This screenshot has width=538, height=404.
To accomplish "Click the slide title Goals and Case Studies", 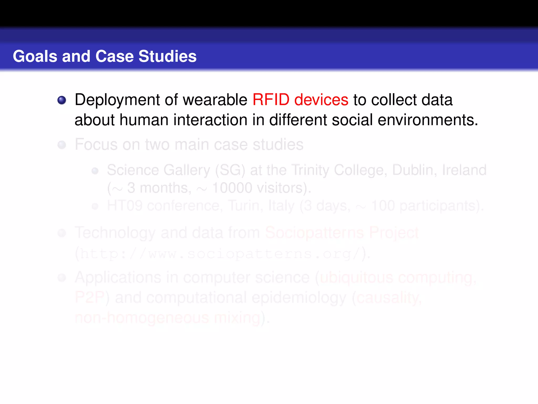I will (x=105, y=56).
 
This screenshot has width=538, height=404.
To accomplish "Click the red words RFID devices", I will (x=300, y=100).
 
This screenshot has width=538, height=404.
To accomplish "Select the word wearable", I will (x=215, y=100).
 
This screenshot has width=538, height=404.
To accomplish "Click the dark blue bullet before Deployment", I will (x=62, y=100).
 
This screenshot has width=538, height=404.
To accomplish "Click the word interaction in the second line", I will (x=210, y=120).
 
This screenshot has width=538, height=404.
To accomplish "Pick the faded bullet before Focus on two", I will (x=62, y=145).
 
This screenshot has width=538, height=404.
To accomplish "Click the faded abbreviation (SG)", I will (x=230, y=170).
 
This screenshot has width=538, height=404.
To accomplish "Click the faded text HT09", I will (x=125, y=206).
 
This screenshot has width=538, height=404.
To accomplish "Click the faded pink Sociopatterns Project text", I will (x=342, y=233).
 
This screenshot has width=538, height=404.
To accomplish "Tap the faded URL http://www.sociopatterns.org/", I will (x=219, y=254).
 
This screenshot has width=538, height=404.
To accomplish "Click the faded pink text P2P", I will (x=90, y=298).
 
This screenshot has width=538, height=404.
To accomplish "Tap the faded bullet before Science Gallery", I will (x=95, y=171).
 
